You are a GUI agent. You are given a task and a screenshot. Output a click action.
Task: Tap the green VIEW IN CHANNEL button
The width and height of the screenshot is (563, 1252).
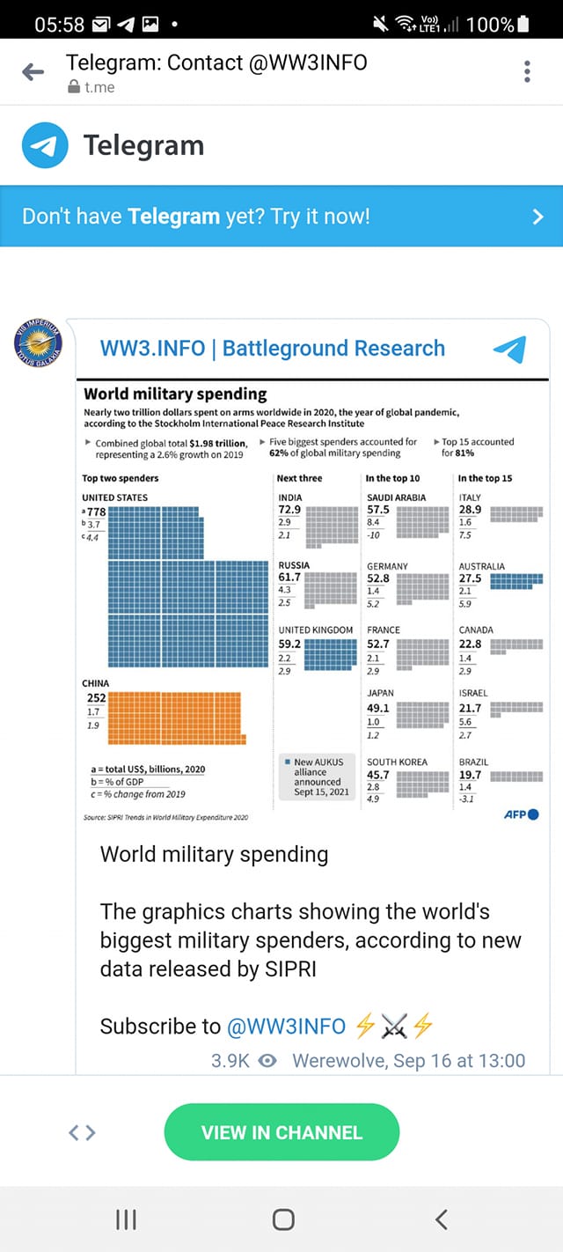pyautogui.click(x=281, y=1132)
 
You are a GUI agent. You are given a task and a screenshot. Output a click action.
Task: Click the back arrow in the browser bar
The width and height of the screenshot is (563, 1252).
pyautogui.click(x=33, y=72)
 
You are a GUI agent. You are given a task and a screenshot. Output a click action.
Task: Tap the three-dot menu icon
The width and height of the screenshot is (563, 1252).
pyautogui.click(x=527, y=72)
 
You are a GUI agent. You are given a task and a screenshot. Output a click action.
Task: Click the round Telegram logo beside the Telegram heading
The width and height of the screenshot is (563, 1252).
pyautogui.click(x=45, y=145)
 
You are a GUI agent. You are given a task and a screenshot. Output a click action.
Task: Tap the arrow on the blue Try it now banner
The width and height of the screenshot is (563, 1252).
pyautogui.click(x=537, y=217)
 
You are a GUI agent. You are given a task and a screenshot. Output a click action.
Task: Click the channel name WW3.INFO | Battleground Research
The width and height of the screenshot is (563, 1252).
pyautogui.click(x=273, y=348)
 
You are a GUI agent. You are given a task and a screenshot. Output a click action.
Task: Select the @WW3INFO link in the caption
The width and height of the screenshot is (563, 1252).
pyautogui.click(x=286, y=1027)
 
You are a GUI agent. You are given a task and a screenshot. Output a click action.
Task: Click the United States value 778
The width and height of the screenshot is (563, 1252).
pyautogui.click(x=95, y=512)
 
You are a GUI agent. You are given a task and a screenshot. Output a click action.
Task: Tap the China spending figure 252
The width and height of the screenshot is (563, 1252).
pyautogui.click(x=96, y=698)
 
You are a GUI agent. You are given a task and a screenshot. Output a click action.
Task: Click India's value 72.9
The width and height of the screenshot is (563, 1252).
pyautogui.click(x=289, y=510)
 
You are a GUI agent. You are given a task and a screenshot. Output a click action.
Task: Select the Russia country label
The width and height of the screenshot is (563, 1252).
pyautogui.click(x=294, y=565)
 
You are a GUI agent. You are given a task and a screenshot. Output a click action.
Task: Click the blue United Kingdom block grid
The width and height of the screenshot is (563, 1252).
pyautogui.click(x=330, y=655)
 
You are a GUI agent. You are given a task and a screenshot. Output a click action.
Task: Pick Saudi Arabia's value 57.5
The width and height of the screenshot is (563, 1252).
pyautogui.click(x=378, y=510)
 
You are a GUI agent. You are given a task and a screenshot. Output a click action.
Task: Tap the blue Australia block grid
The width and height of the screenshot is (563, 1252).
pyautogui.click(x=515, y=581)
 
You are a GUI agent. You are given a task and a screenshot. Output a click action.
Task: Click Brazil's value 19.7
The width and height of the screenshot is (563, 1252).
pyautogui.click(x=470, y=775)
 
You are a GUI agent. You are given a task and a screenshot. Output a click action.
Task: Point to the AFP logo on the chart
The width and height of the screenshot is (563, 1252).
pyautogui.click(x=521, y=814)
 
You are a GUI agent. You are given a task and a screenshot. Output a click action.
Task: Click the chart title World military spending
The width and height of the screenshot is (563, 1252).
pyautogui.click(x=175, y=394)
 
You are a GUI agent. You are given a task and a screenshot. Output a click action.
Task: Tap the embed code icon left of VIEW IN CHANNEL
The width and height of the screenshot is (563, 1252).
pyautogui.click(x=82, y=1133)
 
